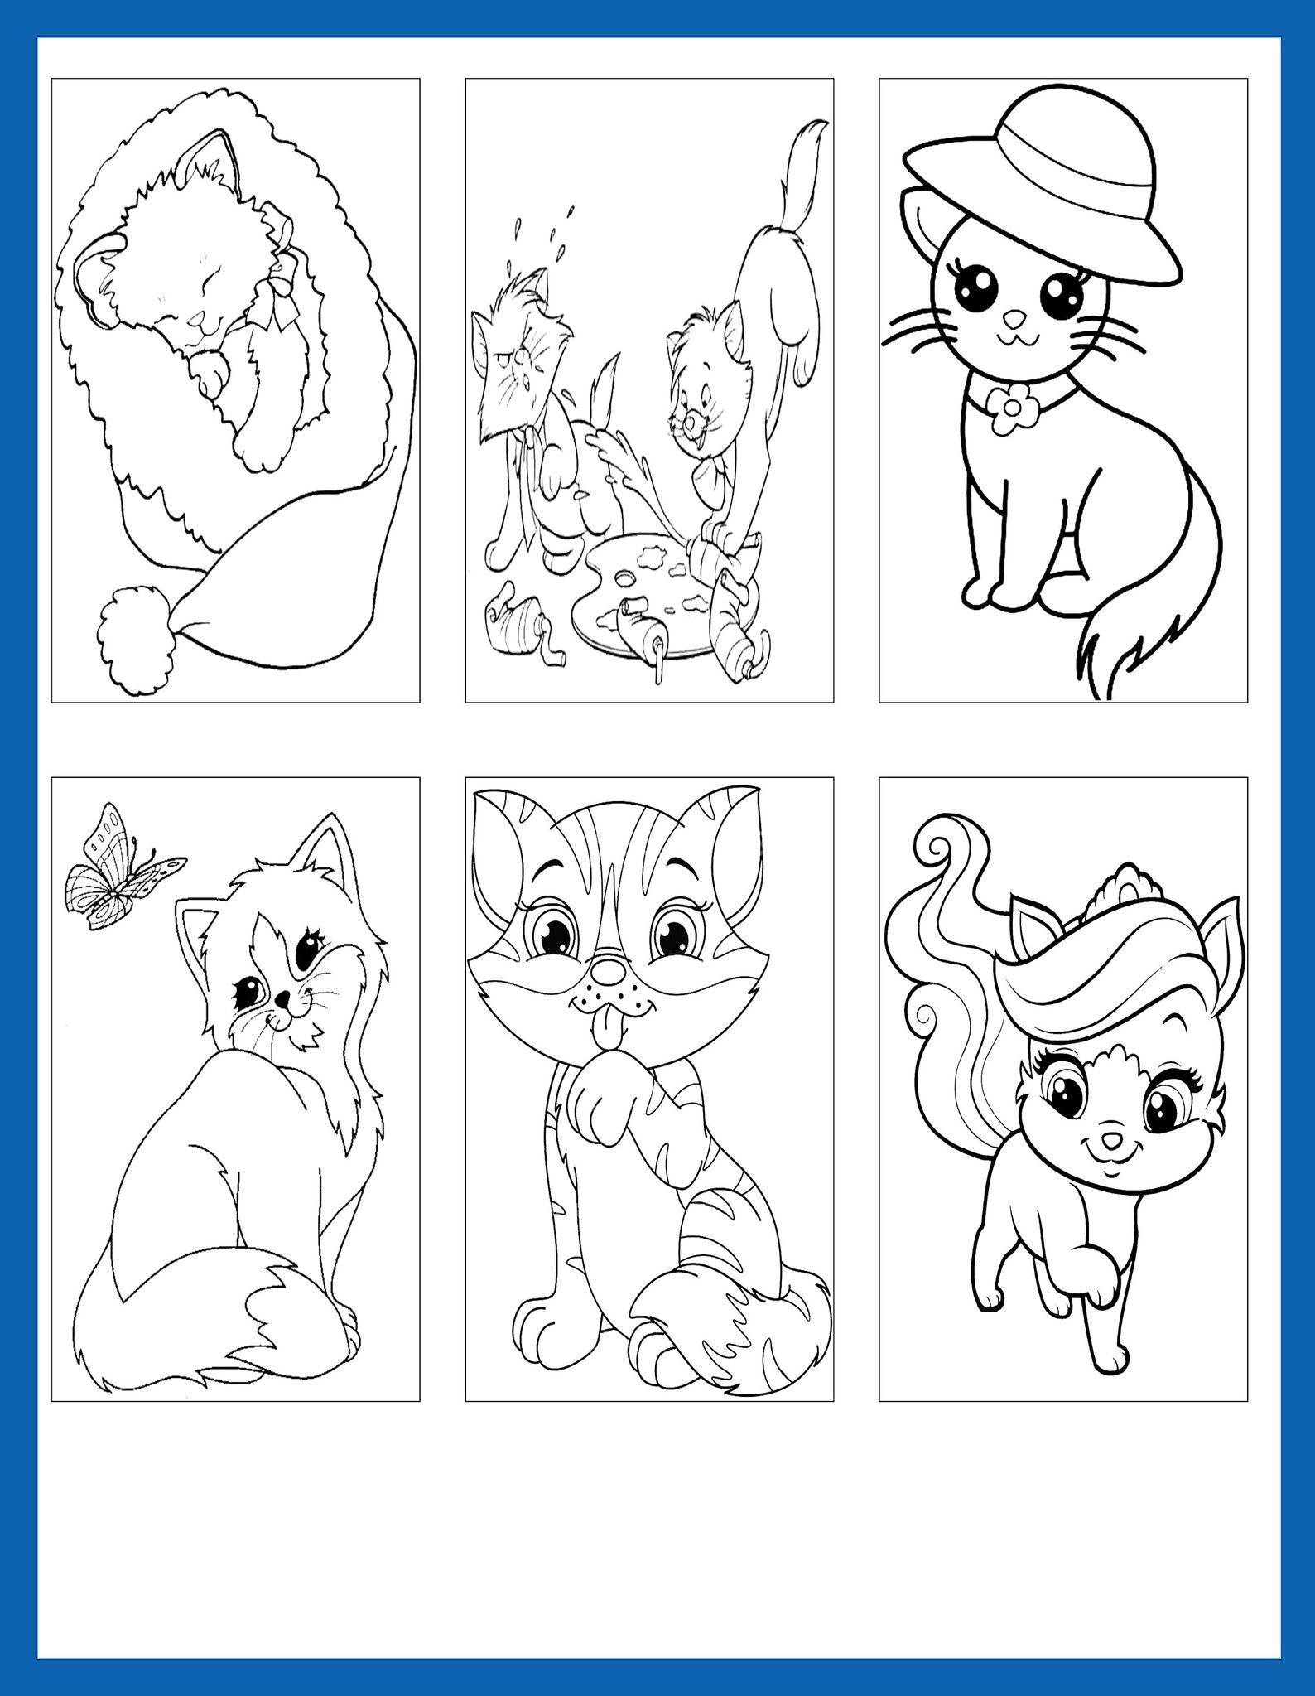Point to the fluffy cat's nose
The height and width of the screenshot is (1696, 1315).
(282, 1001)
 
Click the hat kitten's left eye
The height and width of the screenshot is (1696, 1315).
(971, 289)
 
